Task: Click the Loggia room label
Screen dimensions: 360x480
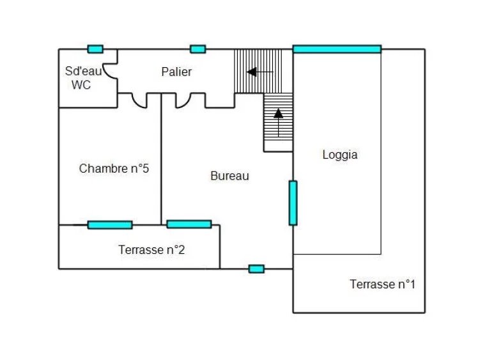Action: (339, 155)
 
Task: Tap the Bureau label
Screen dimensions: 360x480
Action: (229, 176)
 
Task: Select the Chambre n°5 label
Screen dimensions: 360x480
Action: (114, 169)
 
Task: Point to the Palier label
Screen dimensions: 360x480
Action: (176, 72)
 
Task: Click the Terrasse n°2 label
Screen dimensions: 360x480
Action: (151, 250)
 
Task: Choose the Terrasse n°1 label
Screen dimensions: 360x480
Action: (382, 285)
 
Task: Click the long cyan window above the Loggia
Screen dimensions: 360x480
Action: (337, 49)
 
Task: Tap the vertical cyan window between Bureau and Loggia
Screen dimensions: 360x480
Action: (293, 203)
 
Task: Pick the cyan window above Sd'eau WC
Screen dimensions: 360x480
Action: (95, 49)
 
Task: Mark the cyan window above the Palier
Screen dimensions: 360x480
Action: (198, 49)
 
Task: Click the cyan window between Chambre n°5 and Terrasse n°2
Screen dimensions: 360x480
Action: (110, 224)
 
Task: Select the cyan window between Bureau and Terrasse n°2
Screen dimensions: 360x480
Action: (189, 224)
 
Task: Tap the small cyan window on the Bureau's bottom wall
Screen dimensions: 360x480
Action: (256, 269)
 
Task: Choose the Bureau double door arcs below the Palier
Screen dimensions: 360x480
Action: (190, 100)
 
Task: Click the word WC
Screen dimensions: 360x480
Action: (81, 85)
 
